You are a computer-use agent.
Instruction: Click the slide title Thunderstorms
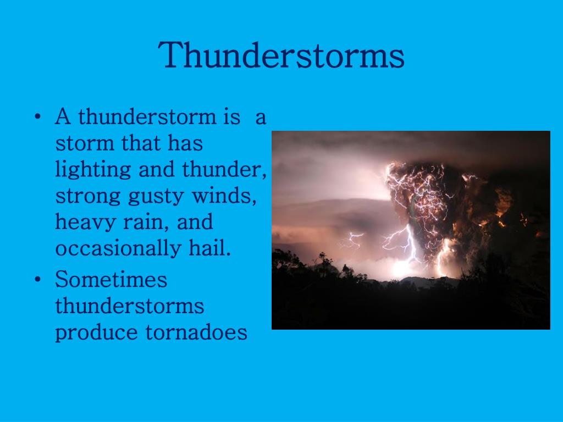(281, 55)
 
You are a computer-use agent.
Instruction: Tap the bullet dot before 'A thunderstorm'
(37, 118)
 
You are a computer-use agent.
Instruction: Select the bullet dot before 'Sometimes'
(37, 280)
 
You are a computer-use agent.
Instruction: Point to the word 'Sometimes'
(111, 279)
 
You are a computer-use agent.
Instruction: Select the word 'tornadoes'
(196, 332)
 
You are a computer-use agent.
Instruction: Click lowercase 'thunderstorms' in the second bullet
(129, 306)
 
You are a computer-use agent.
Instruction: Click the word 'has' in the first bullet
(186, 143)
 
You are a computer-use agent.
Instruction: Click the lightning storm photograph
(411, 230)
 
